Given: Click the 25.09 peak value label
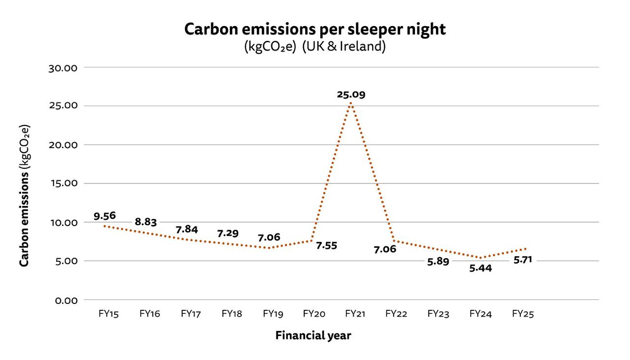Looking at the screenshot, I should coord(351,94).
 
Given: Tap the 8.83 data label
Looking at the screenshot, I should coord(146,222).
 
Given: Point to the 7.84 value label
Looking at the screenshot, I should coord(187,230).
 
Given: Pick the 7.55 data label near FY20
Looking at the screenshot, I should coord(326,245).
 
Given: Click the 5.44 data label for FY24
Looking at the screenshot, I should coord(480,269).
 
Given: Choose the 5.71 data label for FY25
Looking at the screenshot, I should coord(523,260).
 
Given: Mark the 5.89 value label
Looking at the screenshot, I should coord(438,262).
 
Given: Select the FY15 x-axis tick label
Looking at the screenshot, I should coord(108,314).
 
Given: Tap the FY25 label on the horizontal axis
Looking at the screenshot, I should coord(523,314).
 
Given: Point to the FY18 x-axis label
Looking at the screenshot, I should coord(232,314).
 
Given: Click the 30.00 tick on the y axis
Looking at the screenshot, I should coord(63,67).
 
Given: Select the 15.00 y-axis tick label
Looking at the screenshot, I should coord(63,183).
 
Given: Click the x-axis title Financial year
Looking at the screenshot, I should coord(313,336).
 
